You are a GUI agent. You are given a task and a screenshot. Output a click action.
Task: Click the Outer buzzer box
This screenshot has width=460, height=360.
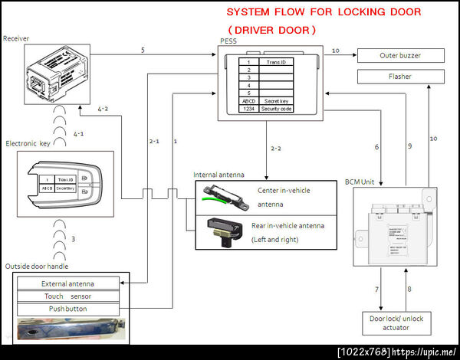(x=400, y=56)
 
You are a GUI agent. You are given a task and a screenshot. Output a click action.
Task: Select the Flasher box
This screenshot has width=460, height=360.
(x=400, y=77)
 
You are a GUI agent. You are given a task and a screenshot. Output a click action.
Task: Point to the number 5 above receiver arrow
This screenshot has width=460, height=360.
(x=143, y=50)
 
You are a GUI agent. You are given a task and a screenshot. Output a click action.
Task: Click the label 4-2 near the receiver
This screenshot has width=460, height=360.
(x=103, y=110)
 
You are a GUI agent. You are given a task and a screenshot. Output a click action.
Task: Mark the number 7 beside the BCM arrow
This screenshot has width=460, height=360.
(x=376, y=290)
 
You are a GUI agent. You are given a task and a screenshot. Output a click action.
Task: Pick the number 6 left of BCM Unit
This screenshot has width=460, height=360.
(x=376, y=147)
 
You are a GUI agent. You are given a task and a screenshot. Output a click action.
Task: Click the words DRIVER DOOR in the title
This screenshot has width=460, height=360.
(x=273, y=30)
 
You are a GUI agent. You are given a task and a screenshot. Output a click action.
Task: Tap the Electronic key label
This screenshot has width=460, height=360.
(x=29, y=143)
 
